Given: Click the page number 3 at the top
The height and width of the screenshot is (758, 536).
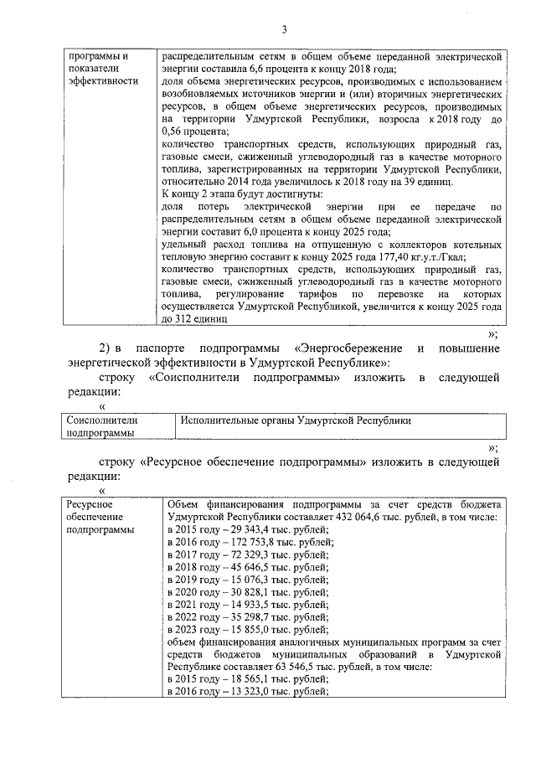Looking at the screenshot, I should click(284, 31).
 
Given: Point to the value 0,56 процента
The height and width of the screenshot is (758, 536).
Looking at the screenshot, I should click(192, 131).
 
